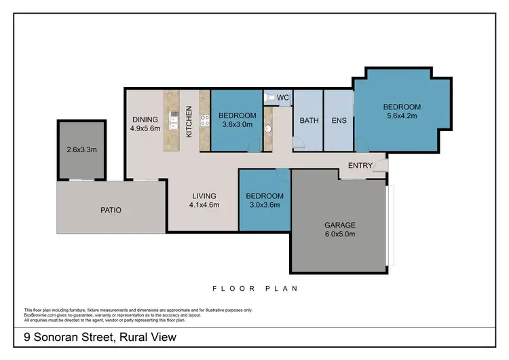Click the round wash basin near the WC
[267, 128]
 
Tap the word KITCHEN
[189, 122]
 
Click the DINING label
[145, 120]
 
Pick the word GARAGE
[339, 225]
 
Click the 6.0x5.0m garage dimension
[339, 234]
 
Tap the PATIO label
[110, 210]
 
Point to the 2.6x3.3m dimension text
[81, 149]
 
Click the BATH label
[309, 121]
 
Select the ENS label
[339, 121]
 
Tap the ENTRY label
[359, 166]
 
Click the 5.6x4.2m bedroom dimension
[402, 116]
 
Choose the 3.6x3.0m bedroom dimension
[237, 124]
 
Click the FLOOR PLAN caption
[254, 288]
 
